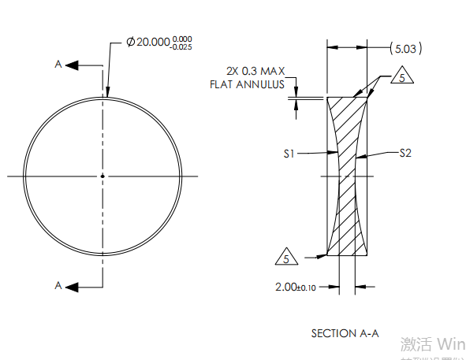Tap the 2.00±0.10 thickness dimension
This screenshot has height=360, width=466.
click(x=296, y=288)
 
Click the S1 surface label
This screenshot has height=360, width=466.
click(x=289, y=154)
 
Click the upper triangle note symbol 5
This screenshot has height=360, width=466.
click(x=401, y=79)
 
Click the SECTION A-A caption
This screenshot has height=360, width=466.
click(x=345, y=333)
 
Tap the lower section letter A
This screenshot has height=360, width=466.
click(x=58, y=285)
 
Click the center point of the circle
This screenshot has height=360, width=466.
click(x=103, y=175)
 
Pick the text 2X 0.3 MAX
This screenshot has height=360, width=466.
click(x=255, y=71)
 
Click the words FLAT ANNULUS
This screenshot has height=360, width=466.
click(x=247, y=84)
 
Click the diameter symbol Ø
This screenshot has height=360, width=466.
click(x=130, y=42)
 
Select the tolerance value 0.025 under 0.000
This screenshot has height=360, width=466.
click(x=181, y=46)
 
